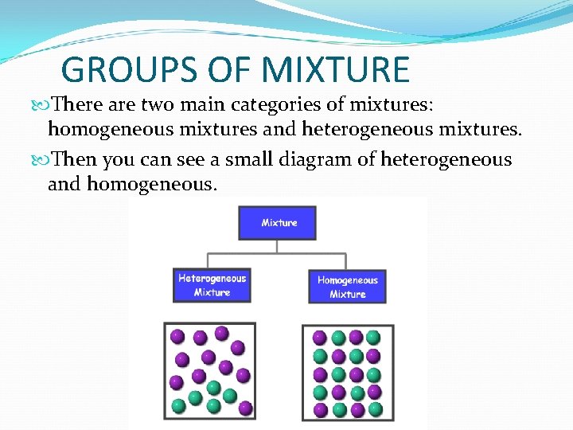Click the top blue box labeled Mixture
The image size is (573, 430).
pyautogui.click(x=277, y=223)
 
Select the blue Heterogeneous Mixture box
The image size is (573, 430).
pyautogui.click(x=212, y=285)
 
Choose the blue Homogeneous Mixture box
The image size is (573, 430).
pyautogui.click(x=347, y=287)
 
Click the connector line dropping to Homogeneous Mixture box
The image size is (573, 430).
pyautogui.click(x=346, y=261)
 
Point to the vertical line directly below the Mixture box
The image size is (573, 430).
pyautogui.click(x=277, y=246)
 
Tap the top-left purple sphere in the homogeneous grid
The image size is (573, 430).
pyautogui.click(x=320, y=337)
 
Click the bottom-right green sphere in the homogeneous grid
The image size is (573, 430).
pyautogui.click(x=374, y=409)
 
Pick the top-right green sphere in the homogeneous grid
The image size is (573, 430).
pyautogui.click(x=374, y=337)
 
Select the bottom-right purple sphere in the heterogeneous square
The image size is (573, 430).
pyautogui.click(x=245, y=408)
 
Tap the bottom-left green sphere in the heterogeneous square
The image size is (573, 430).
pyautogui.click(x=179, y=405)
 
